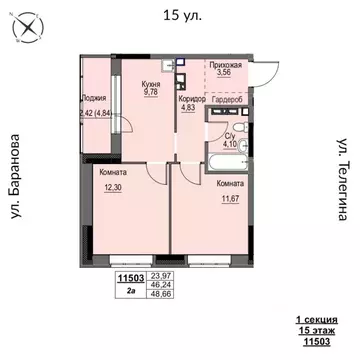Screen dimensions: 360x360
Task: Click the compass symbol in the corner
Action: pyautogui.click(x=26, y=28)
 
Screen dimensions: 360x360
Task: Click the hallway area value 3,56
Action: pyautogui.click(x=226, y=73)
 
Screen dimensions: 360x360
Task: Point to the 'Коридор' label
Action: pyautogui.click(x=191, y=99)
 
